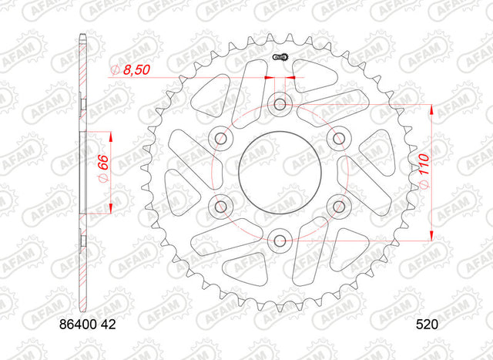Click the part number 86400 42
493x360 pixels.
pos(87,325)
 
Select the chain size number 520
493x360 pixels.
pos(427,325)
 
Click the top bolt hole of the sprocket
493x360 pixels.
pos(280,104)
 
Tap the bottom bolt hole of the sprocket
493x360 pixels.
pos(280,241)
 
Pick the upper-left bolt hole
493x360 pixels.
pos(221,138)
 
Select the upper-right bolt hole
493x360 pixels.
pos(339,138)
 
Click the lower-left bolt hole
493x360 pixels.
pos(221,207)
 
